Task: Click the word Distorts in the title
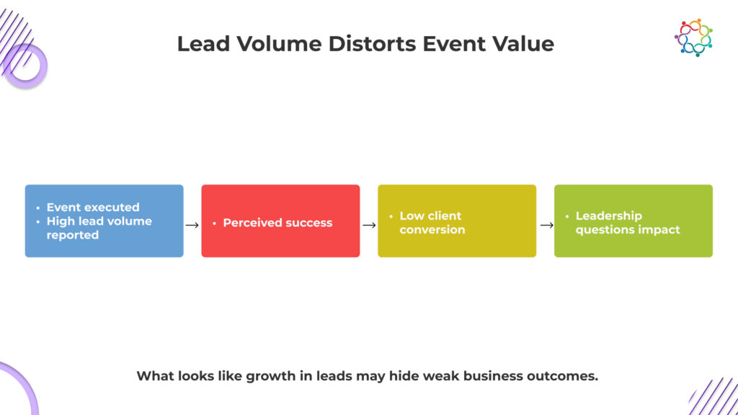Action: [x=373, y=44]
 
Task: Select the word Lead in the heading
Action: [x=203, y=44]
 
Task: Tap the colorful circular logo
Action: [x=693, y=37]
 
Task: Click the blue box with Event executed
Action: [x=104, y=220]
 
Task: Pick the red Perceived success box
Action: [x=280, y=220]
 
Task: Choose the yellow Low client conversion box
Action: [x=457, y=220]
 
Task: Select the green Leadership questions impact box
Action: [x=633, y=220]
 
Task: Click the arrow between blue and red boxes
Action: [x=192, y=226]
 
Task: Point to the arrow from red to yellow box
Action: [x=369, y=226]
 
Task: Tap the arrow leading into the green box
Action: [x=546, y=226]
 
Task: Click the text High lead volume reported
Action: [x=99, y=228]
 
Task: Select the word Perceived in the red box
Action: [x=249, y=223]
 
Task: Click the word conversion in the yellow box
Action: [x=432, y=230]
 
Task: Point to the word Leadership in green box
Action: [x=608, y=216]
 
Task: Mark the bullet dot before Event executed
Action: [x=38, y=207]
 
